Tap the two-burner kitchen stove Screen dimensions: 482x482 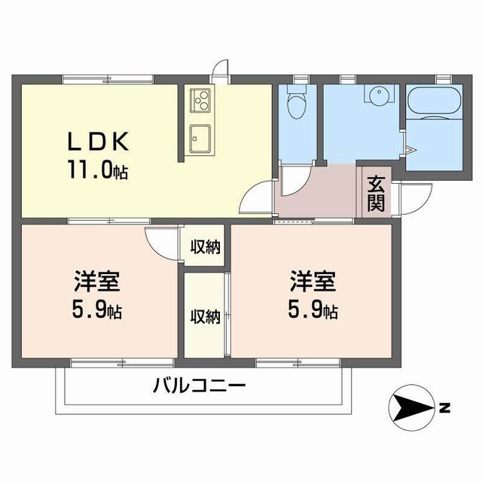pyautogui.click(x=201, y=99)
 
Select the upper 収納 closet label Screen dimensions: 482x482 pyautogui.click(x=204, y=246)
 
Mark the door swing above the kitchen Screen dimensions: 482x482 pyautogui.click(x=220, y=70)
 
